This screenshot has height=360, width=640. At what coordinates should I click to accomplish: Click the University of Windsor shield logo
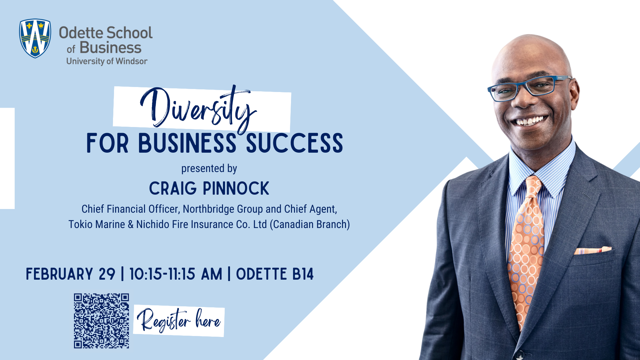click(x=35, y=38)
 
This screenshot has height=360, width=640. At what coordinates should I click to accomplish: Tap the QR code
click(x=101, y=321)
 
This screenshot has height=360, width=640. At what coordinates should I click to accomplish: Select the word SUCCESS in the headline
click(x=294, y=144)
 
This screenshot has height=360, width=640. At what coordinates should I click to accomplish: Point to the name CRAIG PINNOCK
click(x=209, y=189)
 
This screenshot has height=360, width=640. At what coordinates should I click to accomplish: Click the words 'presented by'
click(x=209, y=169)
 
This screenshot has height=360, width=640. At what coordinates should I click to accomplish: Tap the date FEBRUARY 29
click(x=70, y=274)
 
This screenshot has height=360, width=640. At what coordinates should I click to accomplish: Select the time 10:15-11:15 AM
click(x=176, y=274)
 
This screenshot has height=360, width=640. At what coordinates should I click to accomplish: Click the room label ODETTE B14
click(x=275, y=274)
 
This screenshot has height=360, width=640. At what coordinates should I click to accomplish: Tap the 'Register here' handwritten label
click(x=179, y=321)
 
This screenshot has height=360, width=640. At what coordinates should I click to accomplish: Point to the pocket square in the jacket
click(x=593, y=250)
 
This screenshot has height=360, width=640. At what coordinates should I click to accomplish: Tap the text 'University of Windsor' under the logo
click(x=107, y=61)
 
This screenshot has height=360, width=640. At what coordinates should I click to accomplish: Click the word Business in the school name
click(x=110, y=48)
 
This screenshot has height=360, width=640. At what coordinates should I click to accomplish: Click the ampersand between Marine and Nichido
click(x=131, y=225)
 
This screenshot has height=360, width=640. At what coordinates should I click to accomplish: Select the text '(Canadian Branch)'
click(x=310, y=225)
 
